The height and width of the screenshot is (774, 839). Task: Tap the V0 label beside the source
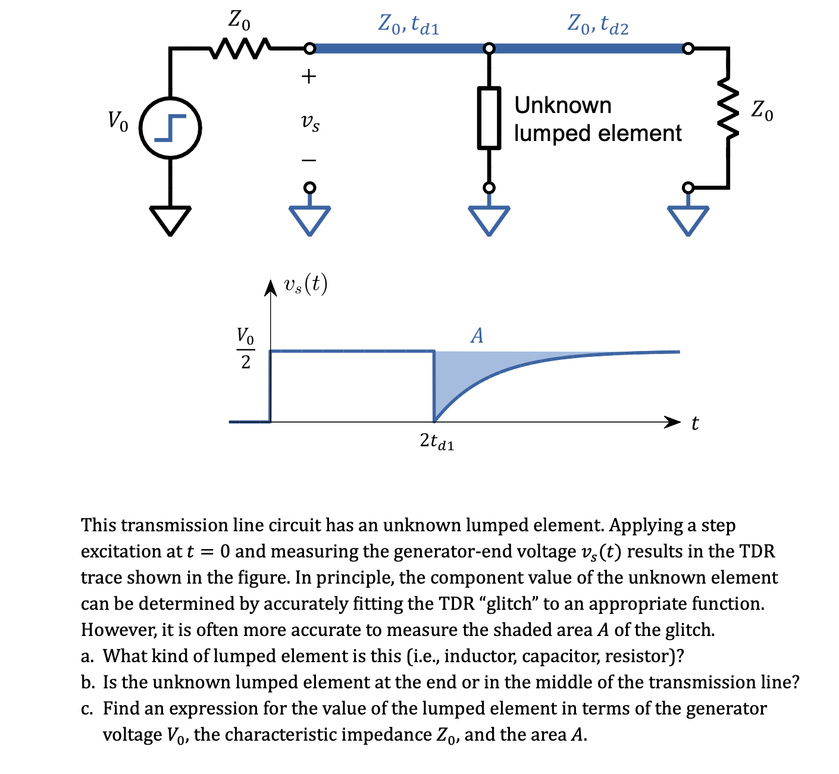pos(117,121)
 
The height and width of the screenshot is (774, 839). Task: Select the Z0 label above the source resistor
pos(239,21)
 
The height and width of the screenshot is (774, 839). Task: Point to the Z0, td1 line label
pos(409,24)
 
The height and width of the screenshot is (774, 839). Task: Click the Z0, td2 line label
pos(597,24)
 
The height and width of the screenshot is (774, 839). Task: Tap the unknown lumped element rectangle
pos(489,117)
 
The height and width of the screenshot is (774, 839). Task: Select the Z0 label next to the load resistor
pos(762,110)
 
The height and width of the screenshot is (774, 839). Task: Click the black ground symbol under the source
pos(170,220)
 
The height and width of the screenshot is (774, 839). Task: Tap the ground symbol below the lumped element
pos(489,220)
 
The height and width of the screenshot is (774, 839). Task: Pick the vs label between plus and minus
pos(309,123)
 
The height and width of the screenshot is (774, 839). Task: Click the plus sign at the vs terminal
pos(308,76)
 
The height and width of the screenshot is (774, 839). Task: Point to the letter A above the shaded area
pos(477,336)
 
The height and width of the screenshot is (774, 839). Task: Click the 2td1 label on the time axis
pos(437,441)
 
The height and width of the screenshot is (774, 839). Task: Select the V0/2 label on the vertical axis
pos(245,348)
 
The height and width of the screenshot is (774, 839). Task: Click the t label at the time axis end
pos(695,424)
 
